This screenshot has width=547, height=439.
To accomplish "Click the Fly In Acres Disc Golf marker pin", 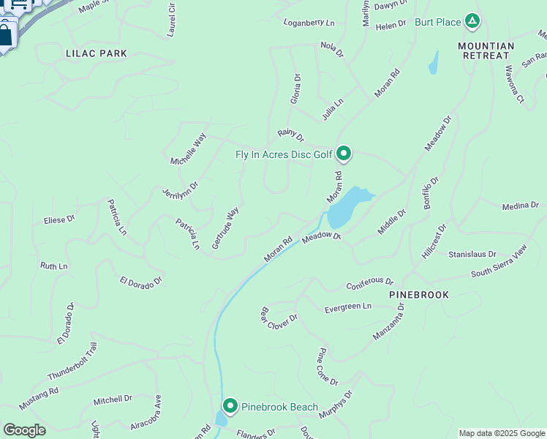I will [x=344, y=154].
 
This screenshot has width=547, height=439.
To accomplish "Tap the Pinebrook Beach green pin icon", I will [x=230, y=406].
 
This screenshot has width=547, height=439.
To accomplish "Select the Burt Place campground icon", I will [x=472, y=21].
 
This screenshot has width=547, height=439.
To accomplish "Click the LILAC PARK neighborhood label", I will [x=96, y=53].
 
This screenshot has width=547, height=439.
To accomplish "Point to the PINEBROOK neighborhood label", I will [x=419, y=294].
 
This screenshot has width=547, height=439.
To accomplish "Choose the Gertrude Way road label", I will [x=226, y=228].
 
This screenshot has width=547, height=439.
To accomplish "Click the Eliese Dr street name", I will [x=59, y=219].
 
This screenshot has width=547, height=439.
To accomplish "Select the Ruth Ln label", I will [x=53, y=266].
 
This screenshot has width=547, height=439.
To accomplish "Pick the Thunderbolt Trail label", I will [x=72, y=361].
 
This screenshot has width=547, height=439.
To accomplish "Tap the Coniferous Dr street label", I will [x=369, y=282].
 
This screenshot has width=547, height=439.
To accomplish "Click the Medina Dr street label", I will [x=520, y=206].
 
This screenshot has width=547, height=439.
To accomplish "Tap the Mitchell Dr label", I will [x=113, y=399].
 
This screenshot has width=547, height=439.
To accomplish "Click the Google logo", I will [x=24, y=430].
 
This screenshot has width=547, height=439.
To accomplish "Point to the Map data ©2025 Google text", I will [x=502, y=433].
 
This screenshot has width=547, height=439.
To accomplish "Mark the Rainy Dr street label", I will [x=290, y=135].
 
